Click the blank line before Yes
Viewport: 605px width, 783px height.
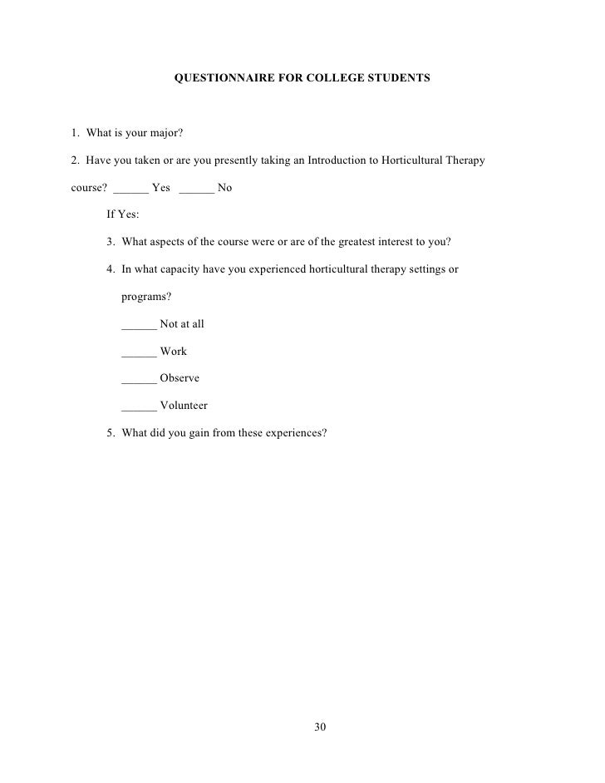pos(130,188)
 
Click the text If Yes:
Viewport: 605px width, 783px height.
pos(123,214)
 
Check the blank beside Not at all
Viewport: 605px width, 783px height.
pos(138,324)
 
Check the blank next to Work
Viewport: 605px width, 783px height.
pos(138,352)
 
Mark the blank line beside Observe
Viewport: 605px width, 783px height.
pos(138,379)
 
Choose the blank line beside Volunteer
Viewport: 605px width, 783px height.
pos(138,406)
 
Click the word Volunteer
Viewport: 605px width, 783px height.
pos(184,406)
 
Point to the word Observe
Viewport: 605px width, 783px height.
pos(180,378)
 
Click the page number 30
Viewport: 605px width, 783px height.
pos(321,727)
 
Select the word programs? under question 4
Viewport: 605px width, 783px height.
pos(146,297)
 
